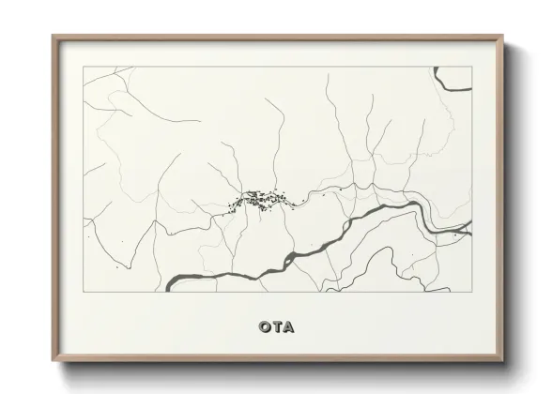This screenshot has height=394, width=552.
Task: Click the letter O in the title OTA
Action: click(x=263, y=327)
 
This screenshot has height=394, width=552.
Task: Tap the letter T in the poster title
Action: click(x=276, y=327)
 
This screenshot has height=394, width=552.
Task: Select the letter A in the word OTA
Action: click(x=288, y=327)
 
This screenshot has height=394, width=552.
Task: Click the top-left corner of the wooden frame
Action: click(x=54, y=37)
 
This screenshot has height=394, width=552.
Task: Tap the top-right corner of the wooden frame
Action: click(x=503, y=37)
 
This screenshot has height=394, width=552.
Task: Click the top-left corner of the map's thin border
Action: click(x=84, y=67)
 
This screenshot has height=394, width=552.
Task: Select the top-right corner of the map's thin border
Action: click(x=471, y=67)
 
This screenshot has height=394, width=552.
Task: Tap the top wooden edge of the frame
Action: click(x=278, y=38)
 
